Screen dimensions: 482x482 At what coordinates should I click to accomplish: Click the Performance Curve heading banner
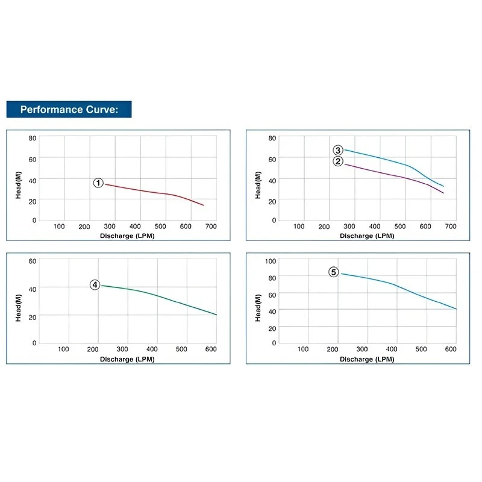pyautogui.click(x=69, y=110)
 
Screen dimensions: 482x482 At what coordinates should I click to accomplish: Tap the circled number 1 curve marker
pyautogui.click(x=99, y=183)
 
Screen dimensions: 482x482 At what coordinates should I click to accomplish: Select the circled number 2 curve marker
pyautogui.click(x=338, y=161)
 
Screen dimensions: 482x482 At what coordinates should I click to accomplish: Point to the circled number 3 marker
pyautogui.click(x=338, y=150)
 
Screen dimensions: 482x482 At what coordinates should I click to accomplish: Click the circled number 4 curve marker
pyautogui.click(x=95, y=285)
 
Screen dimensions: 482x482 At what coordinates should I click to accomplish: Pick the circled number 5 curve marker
pyautogui.click(x=334, y=272)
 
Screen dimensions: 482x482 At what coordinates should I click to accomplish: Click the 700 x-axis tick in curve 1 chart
pyautogui.click(x=211, y=227)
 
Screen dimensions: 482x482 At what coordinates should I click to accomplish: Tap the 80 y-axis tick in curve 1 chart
pyautogui.click(x=33, y=138)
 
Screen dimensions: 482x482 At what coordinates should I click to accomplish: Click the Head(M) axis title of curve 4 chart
pyautogui.click(x=19, y=308)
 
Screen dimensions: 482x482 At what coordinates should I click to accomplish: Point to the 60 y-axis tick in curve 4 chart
pyautogui.click(x=33, y=261)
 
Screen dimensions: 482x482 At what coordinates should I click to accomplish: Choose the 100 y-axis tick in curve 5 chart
pyautogui.click(x=271, y=261)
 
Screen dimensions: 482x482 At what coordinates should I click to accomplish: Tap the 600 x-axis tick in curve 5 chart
pyautogui.click(x=451, y=349)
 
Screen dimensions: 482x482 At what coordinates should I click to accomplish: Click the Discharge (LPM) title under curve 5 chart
pyautogui.click(x=366, y=358)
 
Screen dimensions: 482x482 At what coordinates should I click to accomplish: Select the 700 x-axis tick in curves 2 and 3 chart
pyautogui.click(x=451, y=227)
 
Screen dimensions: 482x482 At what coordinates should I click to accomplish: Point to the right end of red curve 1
pyautogui.click(x=204, y=205)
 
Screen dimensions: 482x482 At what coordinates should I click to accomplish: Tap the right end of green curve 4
pyautogui.click(x=216, y=315)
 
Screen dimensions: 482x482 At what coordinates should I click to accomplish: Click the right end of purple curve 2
pyautogui.click(x=443, y=193)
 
